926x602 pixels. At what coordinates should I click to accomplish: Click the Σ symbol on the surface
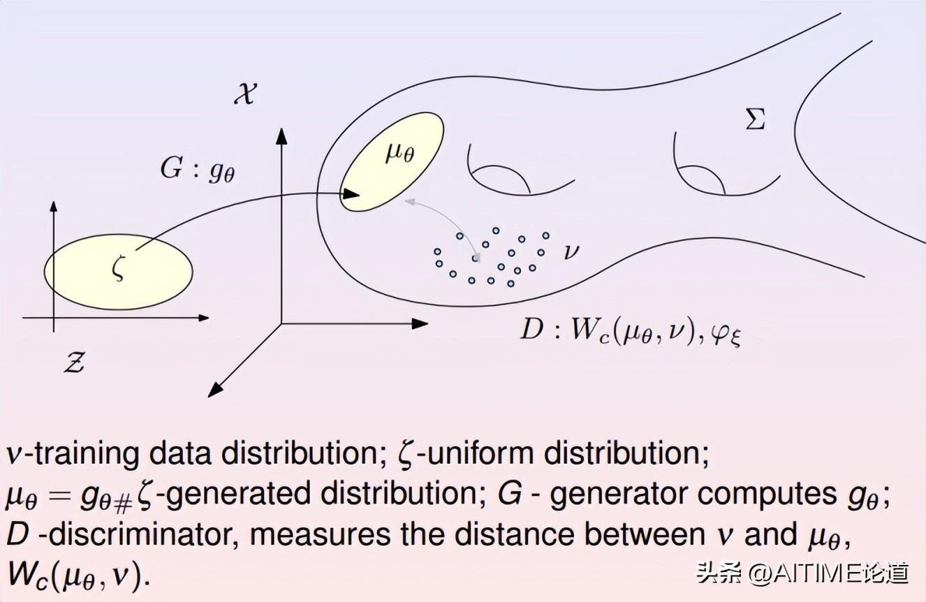(x=756, y=120)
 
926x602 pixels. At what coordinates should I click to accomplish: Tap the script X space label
(x=244, y=93)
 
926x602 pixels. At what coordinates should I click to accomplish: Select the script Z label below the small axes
(x=74, y=362)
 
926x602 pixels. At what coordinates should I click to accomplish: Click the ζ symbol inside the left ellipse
(x=118, y=269)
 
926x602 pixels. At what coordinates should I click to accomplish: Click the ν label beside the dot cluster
(x=571, y=251)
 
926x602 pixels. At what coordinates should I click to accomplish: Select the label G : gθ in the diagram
(x=198, y=170)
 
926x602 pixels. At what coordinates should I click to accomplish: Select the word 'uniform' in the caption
(x=480, y=455)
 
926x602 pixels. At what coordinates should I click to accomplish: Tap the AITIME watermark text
(x=803, y=573)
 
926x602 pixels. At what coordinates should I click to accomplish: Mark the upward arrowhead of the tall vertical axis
(x=281, y=133)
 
